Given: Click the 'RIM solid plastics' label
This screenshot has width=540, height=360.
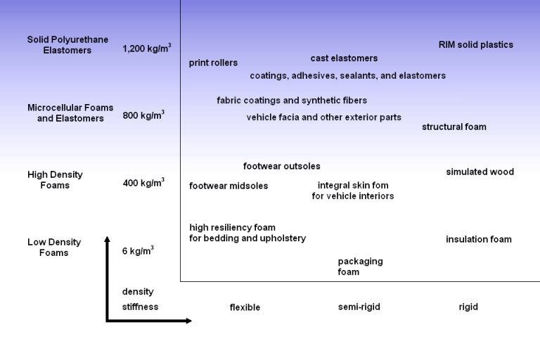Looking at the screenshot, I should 476,45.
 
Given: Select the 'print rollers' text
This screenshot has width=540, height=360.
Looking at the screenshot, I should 213,63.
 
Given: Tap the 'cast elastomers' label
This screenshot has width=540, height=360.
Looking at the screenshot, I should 344,58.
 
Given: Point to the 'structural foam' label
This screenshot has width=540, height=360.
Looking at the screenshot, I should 454,127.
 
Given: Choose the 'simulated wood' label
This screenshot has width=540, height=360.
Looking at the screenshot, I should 480,172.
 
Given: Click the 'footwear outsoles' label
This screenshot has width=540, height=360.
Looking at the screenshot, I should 281,167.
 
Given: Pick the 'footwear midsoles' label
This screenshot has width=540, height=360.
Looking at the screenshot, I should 229,186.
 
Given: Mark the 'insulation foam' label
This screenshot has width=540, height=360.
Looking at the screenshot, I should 478,240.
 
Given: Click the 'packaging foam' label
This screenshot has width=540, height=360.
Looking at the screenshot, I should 359,266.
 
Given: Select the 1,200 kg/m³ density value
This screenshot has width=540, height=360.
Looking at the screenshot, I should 146,49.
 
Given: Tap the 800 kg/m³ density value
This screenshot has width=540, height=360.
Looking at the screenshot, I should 143,115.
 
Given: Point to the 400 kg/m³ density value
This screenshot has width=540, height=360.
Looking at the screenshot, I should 143,184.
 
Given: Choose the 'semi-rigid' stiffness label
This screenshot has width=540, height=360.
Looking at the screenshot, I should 359,307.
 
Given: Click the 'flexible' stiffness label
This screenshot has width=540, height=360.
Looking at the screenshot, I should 245,308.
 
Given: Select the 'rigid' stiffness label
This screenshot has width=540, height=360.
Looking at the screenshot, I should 468,307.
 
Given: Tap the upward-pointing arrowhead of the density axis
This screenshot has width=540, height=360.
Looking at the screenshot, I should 107,240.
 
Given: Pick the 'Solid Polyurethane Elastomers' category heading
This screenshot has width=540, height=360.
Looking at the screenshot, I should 67,45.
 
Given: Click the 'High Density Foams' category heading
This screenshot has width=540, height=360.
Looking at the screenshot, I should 55,180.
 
